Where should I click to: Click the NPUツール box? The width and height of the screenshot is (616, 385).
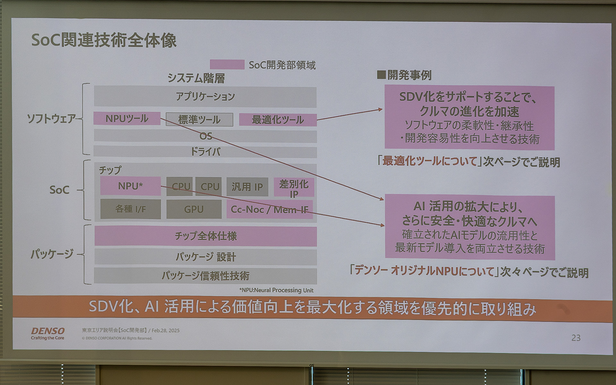tap(127, 118)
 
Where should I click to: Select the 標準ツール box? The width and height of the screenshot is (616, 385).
tap(199, 120)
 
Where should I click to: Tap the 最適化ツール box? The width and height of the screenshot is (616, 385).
tap(278, 120)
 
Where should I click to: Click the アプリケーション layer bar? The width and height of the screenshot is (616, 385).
tap(205, 97)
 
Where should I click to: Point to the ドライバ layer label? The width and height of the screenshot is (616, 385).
tap(205, 151)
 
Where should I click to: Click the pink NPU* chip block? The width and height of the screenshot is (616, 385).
tap(130, 186)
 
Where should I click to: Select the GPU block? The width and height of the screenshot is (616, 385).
tap(194, 209)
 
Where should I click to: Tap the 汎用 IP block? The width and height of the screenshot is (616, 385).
tap(247, 187)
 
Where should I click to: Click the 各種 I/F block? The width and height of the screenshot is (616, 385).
tap(130, 209)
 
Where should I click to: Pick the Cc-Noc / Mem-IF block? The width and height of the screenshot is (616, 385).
tap(269, 210)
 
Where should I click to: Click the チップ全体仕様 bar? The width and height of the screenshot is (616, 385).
tap(206, 236)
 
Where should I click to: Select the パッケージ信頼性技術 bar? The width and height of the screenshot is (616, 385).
tap(205, 276)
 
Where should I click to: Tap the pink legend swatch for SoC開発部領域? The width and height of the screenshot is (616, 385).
tap(227, 64)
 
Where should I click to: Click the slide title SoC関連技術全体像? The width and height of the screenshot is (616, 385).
tap(104, 41)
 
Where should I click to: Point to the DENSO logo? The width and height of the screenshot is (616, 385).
tap(48, 333)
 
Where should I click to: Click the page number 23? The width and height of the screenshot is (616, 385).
tap(576, 338)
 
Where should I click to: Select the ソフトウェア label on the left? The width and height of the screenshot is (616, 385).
tap(51, 119)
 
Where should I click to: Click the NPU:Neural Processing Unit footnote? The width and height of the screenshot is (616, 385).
tap(277, 290)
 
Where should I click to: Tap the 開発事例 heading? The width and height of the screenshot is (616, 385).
tap(405, 75)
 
